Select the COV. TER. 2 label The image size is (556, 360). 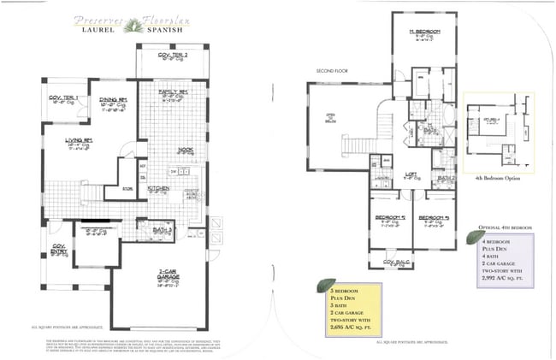tap(173, 55)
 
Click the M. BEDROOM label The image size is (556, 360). tap(423, 32)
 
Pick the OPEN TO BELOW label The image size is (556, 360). tap(329, 119)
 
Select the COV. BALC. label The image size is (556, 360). tap(393, 262)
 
